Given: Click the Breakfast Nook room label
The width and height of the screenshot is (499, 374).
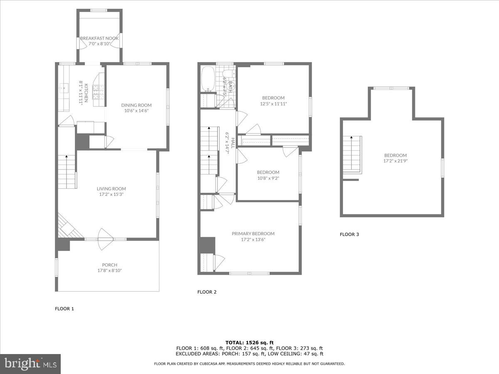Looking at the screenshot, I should click(x=99, y=38).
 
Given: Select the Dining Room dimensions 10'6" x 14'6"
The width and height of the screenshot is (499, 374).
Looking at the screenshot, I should click(x=136, y=111).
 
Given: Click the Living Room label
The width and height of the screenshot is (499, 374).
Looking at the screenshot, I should click(x=111, y=189).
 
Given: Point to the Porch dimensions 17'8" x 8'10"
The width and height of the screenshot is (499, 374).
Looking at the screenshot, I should click(x=110, y=271).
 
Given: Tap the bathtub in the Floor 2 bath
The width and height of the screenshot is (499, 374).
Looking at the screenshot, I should click(x=207, y=79).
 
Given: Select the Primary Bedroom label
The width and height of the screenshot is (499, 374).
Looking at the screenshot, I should click(x=253, y=234).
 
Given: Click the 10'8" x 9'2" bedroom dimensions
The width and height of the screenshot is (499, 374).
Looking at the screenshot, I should click(x=268, y=178).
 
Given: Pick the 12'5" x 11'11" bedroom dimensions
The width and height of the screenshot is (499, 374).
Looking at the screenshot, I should click(x=273, y=104).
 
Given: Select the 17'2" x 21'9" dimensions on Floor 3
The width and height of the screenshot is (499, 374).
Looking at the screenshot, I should click(x=395, y=161).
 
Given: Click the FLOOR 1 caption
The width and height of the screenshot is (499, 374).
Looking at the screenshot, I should click(x=64, y=309).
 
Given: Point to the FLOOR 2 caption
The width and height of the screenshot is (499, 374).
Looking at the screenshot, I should click(x=207, y=292).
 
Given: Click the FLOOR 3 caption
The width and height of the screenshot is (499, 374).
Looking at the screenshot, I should click(x=349, y=234).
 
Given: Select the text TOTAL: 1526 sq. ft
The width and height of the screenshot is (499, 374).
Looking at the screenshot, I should click(x=249, y=343).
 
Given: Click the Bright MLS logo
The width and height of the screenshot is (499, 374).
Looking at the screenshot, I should click(x=30, y=364).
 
